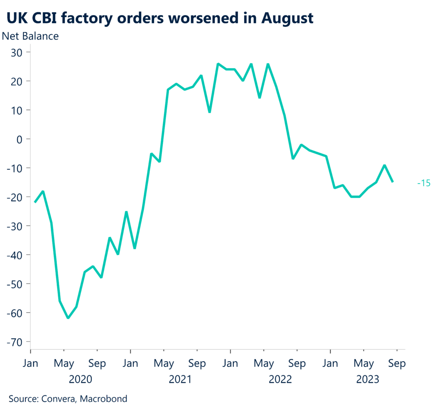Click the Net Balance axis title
click(31, 36)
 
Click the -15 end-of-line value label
click(424, 183)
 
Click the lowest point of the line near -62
click(68, 318)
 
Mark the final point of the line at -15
click(392, 182)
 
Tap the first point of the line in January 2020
click(35, 202)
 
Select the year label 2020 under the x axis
click(81, 379)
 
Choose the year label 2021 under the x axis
click(180, 379)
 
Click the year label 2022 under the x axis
click(280, 379)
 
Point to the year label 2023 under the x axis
click(367, 379)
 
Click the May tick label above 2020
click(64, 364)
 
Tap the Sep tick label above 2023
click(397, 364)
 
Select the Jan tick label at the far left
click(31, 364)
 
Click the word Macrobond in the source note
click(106, 399)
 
